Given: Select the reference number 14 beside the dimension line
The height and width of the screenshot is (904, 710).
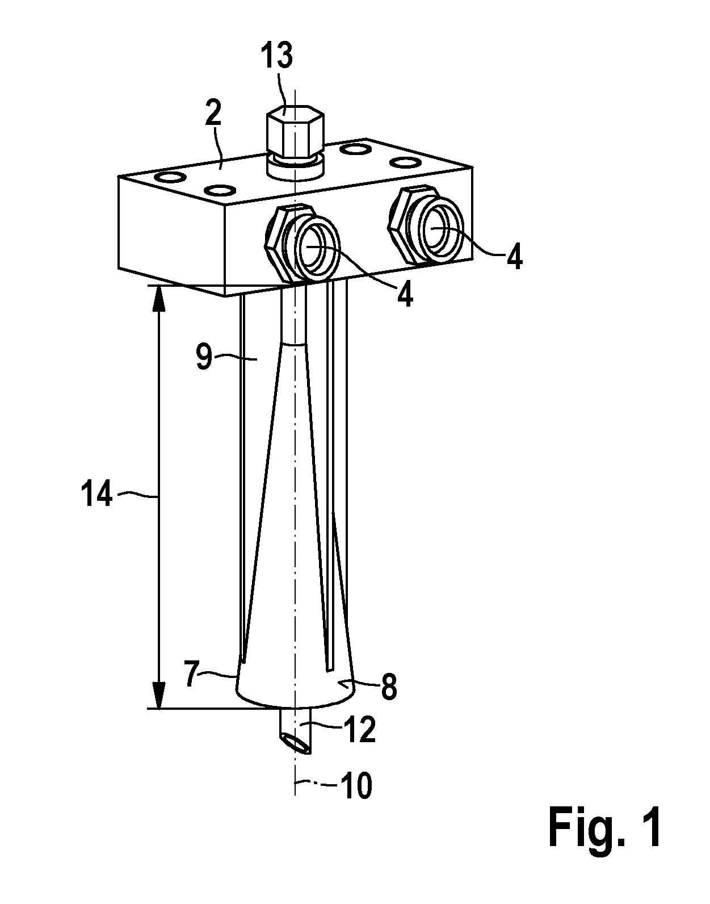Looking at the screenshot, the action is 96,493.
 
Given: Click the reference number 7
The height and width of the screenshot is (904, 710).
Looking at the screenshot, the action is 192,675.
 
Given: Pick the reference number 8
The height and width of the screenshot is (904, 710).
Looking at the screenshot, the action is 389,687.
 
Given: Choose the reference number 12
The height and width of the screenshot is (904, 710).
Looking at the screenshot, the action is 360,728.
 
